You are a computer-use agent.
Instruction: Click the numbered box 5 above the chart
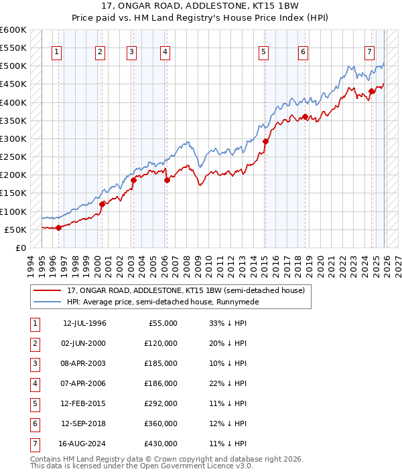pos(264,52)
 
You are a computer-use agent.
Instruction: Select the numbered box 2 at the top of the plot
pos(100,52)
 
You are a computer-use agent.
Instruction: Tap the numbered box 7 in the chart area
pos(369,52)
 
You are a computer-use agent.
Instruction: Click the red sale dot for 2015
pos(265,142)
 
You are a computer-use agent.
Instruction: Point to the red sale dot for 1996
pos(58,227)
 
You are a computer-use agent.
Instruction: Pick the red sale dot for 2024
pos(372,92)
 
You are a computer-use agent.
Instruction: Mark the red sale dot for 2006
pos(167,180)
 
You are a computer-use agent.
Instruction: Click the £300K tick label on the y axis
pos(14,138)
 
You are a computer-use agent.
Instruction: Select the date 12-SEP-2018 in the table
pos(84,423)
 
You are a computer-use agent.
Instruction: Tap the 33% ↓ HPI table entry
pos(223,323)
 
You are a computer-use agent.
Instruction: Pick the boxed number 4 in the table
pos(34,384)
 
